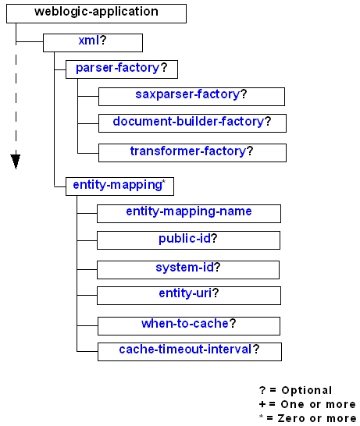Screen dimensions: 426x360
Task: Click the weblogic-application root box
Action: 97,12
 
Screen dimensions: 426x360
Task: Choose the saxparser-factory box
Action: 191,95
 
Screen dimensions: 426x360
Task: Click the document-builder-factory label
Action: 187,122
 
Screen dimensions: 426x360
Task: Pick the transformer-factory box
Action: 191,151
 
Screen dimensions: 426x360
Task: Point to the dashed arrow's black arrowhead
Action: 16,161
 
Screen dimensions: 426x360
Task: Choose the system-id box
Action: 187,268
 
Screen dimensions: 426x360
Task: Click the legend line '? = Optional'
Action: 295,390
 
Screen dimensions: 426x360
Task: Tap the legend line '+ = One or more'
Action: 306,404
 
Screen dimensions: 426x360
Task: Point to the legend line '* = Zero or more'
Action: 306,418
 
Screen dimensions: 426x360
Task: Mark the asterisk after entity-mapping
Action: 162,183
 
